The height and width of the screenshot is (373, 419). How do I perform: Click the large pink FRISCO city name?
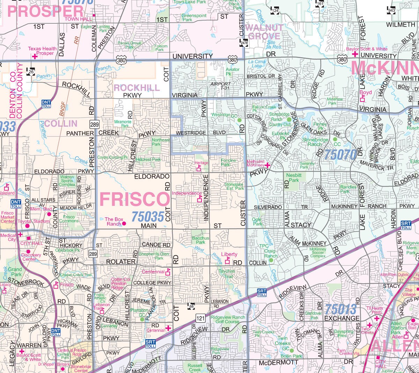135,199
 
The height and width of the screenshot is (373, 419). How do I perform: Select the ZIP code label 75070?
340,154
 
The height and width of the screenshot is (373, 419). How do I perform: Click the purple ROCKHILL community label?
137,88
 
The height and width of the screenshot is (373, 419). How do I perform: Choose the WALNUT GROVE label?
264,32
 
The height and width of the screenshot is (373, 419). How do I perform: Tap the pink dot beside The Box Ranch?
124,224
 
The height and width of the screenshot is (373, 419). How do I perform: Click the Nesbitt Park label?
294,178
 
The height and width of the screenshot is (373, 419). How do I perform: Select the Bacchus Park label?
200,240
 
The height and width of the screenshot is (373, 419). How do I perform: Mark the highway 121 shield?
200,318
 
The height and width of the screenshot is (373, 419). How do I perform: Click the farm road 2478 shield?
244,43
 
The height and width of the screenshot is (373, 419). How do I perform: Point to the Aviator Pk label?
233,72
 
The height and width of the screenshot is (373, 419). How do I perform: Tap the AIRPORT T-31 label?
220,86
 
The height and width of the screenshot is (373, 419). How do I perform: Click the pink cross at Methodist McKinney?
267,165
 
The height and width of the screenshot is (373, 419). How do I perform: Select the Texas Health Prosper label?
42,51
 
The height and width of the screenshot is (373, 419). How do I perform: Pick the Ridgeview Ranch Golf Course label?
228,319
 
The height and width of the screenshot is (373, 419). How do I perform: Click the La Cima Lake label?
257,64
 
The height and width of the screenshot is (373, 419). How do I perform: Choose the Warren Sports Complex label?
67,181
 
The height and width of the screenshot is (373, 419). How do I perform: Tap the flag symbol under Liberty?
228,260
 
